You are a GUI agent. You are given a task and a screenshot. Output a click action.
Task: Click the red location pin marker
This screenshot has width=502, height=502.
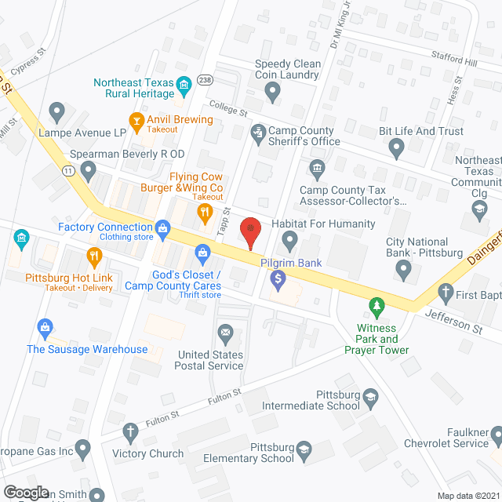coord(250,228)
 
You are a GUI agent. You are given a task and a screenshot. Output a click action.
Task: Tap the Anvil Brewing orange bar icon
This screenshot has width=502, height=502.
coord(137,119)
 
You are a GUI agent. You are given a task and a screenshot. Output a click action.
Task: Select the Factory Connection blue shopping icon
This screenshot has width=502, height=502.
coord(163,227)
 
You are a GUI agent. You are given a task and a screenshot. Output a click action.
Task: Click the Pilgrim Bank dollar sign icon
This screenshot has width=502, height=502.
coord(277,278)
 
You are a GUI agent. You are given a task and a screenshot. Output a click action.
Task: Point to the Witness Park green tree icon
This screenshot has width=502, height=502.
coord(378,304)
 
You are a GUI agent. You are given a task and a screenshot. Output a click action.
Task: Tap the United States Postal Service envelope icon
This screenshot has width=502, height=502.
coord(226,333)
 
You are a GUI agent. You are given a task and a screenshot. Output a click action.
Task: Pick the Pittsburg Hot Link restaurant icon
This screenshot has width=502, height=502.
coord(94,254)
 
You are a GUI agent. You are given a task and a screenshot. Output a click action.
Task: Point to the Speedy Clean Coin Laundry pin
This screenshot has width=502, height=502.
coord(272,93)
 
